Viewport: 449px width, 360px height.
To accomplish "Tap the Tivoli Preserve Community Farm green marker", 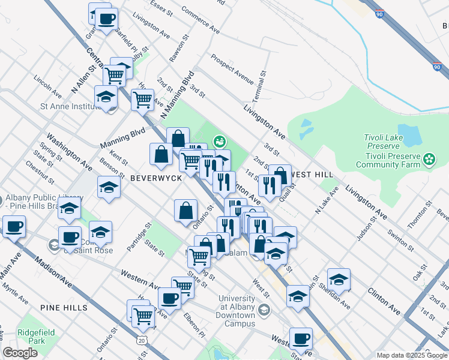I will click(429, 159).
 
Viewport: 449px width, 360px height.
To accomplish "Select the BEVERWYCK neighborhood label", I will click(152, 178).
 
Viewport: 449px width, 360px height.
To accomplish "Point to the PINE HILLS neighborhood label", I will click(64, 308).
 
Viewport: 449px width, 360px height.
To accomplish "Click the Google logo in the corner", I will click(20, 353).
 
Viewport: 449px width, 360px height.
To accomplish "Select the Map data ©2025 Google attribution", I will click(411, 355).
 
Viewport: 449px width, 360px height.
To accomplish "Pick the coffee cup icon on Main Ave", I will click(13, 227).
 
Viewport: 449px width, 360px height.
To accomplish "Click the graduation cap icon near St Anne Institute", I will click(106, 97).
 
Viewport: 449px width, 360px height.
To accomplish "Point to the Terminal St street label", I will click(262, 89).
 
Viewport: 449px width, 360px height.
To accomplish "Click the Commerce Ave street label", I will click(200, 19).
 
